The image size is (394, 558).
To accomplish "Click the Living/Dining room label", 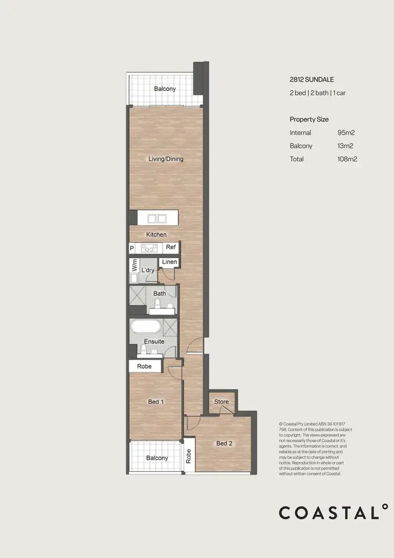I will (x=166, y=159).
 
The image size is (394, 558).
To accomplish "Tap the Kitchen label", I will (x=156, y=235).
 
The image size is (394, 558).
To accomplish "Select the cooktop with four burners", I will (x=149, y=248).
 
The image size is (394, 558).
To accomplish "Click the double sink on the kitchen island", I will (x=158, y=218).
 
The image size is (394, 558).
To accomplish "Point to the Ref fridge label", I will (x=171, y=247).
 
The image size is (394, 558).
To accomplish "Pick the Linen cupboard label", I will (x=169, y=262).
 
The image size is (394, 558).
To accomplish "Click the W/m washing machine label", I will (x=134, y=265).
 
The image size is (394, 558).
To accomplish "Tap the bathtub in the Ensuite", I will (x=146, y=327).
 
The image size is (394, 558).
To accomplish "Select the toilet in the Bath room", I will (x=158, y=304).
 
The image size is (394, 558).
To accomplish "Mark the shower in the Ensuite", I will (x=170, y=327).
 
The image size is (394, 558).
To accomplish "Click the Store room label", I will (x=222, y=402).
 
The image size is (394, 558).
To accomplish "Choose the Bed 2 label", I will (x=224, y=443).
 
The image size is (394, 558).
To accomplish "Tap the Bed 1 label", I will (x=156, y=402).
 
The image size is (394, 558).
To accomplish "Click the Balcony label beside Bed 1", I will (x=157, y=458).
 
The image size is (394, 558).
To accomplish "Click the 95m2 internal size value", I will (x=347, y=133).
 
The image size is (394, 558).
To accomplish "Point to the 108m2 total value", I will (x=347, y=159).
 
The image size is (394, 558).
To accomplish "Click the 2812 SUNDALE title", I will (x=312, y=80).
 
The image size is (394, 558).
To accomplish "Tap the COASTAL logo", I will (x=334, y=512).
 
